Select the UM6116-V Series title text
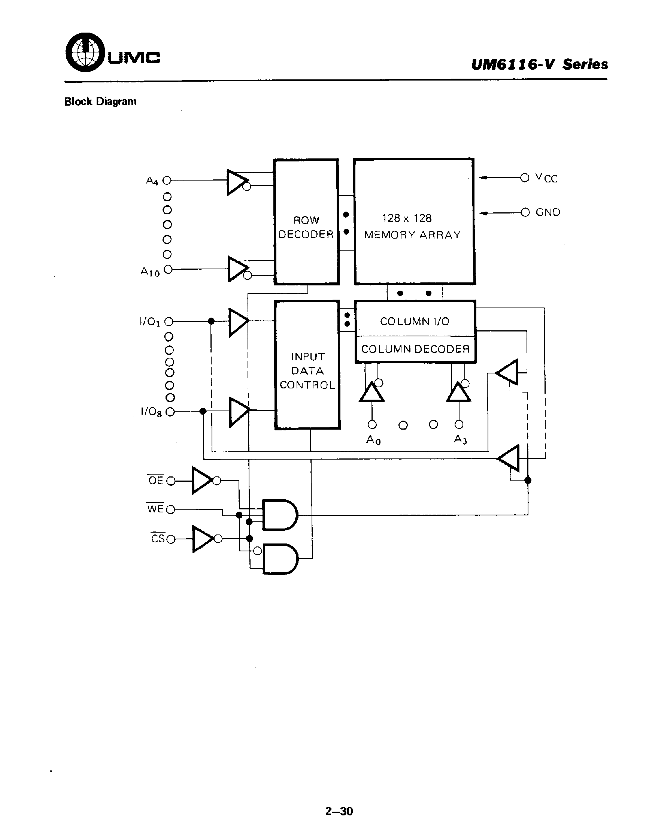(539, 64)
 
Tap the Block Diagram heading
(100, 102)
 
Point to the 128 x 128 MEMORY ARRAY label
(412, 226)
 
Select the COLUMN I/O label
(414, 321)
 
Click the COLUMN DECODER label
(415, 349)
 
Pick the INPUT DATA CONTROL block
(307, 371)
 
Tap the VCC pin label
(546, 178)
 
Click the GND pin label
(548, 212)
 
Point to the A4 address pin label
(152, 181)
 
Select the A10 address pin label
(150, 272)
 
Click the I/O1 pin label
(150, 321)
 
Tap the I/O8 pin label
(151, 412)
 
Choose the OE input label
(155, 480)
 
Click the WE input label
(155, 509)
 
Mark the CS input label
(157, 539)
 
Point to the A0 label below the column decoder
(373, 439)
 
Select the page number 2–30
(339, 811)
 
